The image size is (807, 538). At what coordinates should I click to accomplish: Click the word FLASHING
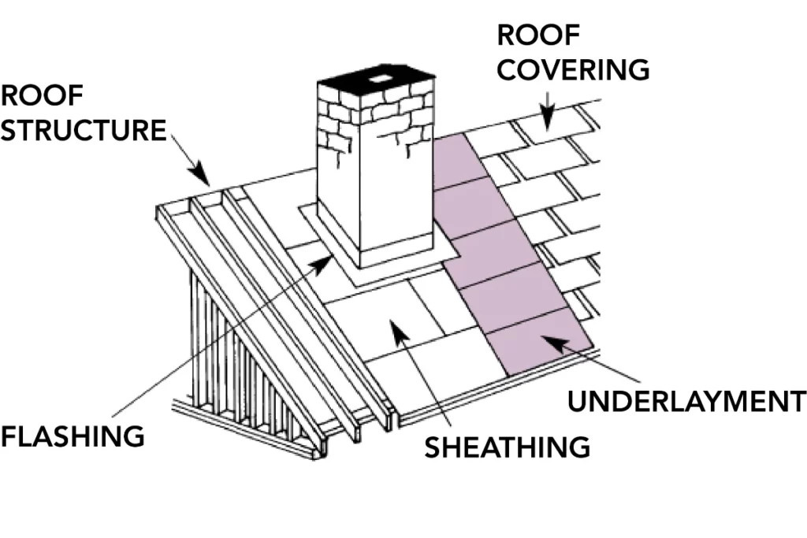[x=73, y=436]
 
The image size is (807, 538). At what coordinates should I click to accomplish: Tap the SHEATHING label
[x=508, y=447]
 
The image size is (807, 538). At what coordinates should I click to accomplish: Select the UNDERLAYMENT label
[x=686, y=400]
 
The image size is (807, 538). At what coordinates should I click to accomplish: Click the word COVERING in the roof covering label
[x=574, y=69]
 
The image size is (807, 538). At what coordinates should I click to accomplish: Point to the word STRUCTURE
[x=84, y=130]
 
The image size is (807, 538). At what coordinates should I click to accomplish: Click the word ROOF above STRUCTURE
[x=42, y=95]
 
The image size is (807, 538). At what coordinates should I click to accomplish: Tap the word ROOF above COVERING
[x=538, y=35]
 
